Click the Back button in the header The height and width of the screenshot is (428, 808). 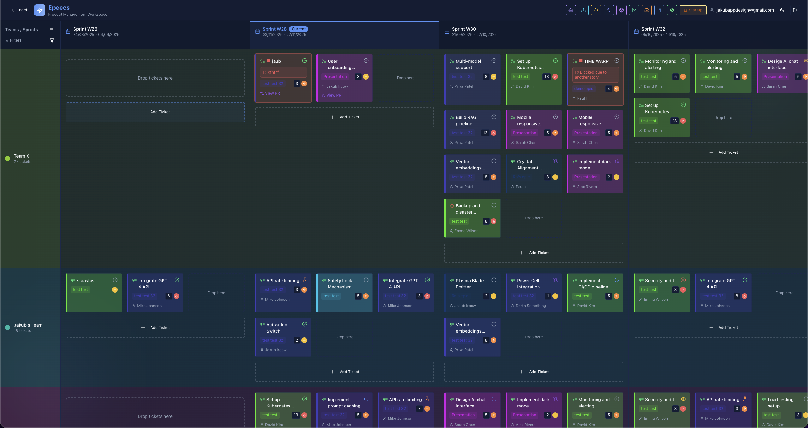[20, 10]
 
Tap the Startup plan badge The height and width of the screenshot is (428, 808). [693, 10]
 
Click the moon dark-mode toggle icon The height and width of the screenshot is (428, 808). [782, 10]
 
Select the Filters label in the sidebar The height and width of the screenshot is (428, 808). [15, 40]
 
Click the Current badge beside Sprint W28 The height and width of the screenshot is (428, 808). [298, 29]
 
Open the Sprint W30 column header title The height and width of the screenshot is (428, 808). [464, 29]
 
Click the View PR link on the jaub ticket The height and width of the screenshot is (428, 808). [272, 93]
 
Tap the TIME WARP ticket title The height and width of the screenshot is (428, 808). [596, 61]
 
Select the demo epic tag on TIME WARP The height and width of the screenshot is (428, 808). [584, 89]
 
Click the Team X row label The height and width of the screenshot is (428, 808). [21, 156]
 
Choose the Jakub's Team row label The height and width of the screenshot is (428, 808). [28, 325]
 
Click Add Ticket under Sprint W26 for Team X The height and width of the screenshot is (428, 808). [155, 112]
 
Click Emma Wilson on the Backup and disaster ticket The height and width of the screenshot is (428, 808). [466, 231]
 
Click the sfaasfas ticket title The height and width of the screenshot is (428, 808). [86, 281]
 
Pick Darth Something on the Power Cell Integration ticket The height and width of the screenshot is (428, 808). [531, 306]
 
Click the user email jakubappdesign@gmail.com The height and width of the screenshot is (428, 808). [745, 10]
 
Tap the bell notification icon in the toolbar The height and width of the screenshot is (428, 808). [596, 10]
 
